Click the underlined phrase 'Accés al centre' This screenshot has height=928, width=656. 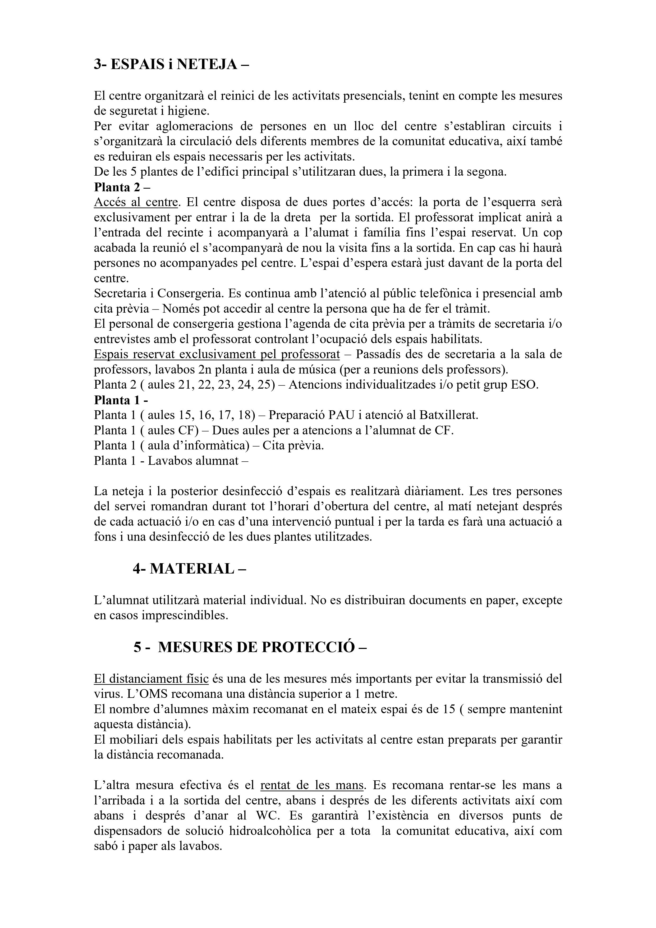point(136,202)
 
